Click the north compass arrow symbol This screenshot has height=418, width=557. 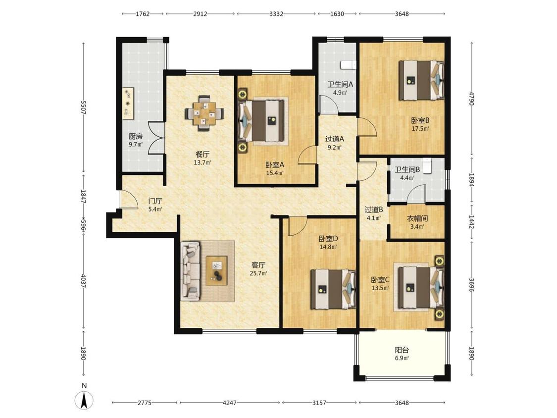[x=84, y=401]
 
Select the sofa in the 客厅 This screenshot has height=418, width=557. [x=191, y=270]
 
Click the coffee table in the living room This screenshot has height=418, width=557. [x=217, y=270]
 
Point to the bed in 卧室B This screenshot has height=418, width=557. [x=421, y=80]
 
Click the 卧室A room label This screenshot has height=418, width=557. [x=275, y=165]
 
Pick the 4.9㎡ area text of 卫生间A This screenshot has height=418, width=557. [x=340, y=93]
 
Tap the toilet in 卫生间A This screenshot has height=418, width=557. [x=348, y=64]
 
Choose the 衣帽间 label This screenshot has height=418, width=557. [x=417, y=218]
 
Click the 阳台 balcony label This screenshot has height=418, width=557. [x=402, y=350]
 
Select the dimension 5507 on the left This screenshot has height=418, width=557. [x=83, y=107]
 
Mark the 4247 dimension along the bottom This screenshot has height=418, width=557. [x=229, y=403]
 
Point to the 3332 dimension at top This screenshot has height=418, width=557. [x=276, y=14]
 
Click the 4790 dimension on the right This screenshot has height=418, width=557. [x=471, y=99]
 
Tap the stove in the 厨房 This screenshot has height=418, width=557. [x=128, y=104]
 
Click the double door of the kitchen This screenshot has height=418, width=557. [x=156, y=138]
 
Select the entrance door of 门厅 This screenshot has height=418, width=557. [x=128, y=199]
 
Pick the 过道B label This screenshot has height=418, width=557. [x=374, y=209]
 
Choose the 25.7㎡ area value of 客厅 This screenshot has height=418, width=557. [x=258, y=273]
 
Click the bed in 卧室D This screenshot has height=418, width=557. [x=333, y=289]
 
